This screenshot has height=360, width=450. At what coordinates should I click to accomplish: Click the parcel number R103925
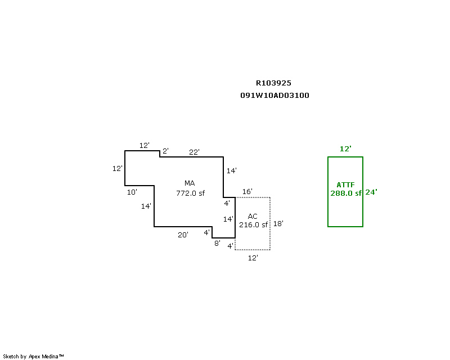273,83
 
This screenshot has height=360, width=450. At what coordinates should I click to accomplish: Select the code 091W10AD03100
274,96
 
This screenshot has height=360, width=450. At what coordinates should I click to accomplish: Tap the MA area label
190,183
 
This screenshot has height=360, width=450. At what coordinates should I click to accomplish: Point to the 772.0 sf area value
190,193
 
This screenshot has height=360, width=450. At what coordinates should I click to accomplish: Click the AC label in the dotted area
253,216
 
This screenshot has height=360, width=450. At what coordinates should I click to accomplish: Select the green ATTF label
345,184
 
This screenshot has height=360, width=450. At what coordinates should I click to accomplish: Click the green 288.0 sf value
345,193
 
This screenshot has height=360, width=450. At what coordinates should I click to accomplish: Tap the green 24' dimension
371,192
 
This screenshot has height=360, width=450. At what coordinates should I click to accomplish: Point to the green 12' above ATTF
345,149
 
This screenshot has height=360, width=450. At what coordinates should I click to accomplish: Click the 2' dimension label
165,151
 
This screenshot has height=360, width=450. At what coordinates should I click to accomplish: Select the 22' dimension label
194,152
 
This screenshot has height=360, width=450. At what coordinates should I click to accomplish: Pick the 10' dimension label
132,192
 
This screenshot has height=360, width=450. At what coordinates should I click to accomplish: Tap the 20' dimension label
183,235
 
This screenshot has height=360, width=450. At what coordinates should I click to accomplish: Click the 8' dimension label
217,244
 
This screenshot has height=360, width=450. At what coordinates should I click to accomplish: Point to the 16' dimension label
247,192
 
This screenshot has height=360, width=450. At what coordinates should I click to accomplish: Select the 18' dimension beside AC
278,223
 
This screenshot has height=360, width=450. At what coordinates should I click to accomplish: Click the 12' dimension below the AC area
253,258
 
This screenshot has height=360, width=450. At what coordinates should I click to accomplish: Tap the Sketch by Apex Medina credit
34,356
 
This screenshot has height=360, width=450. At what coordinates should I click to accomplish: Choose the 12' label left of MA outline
117,168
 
